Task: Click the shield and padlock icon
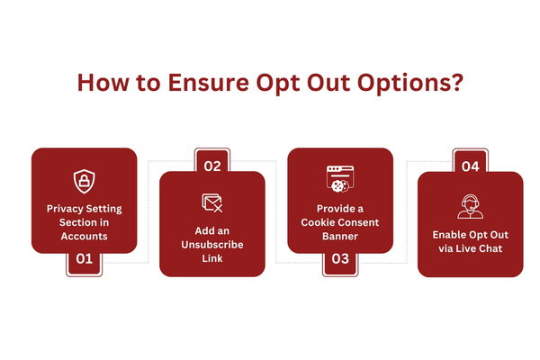coord(84,181)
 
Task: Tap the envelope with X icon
coord(212,202)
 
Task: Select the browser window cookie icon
coord(340,178)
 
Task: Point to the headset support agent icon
coord(471,206)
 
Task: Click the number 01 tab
coord(85,263)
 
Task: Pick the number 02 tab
coord(212,160)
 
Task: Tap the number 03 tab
coord(340,263)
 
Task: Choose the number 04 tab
coord(471,161)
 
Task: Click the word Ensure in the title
coord(209,83)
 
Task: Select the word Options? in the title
coord(410,84)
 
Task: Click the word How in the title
coord(103,83)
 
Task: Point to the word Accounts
coord(85,237)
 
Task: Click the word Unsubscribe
coord(212,245)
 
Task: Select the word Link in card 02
coord(212,258)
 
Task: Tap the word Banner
coord(340,237)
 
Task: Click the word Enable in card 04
coord(447,235)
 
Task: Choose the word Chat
coord(490,248)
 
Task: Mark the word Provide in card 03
coord(335,209)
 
